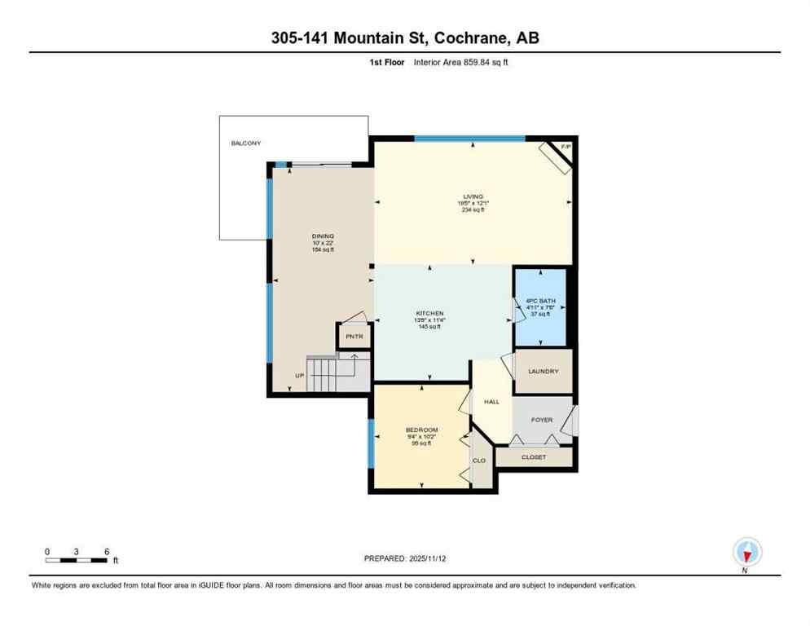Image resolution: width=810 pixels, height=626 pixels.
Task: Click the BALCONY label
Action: [x=245, y=143]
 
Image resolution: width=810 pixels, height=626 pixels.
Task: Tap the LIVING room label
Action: [x=473, y=196]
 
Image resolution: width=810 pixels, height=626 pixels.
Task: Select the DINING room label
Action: [x=322, y=236]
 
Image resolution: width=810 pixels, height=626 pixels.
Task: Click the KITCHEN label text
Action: [x=429, y=314]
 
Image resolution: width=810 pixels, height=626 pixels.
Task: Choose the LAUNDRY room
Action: [x=543, y=372]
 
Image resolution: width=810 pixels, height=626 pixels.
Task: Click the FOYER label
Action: [x=542, y=420]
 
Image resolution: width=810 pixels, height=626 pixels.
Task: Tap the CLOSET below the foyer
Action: [x=535, y=457]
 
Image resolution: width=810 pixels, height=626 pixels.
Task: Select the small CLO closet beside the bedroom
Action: [x=480, y=461]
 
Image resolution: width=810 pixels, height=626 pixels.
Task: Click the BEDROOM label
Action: [x=421, y=430]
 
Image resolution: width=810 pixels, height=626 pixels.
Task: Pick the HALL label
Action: [x=491, y=402]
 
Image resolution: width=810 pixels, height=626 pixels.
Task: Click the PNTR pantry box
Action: [x=354, y=336]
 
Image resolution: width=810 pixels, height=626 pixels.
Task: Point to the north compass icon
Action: [x=746, y=552]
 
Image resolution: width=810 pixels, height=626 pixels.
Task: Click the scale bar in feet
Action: [x=77, y=560]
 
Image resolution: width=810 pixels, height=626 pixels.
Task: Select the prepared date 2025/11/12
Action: [x=404, y=558]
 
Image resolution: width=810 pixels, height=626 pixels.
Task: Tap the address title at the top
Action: [x=404, y=37]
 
